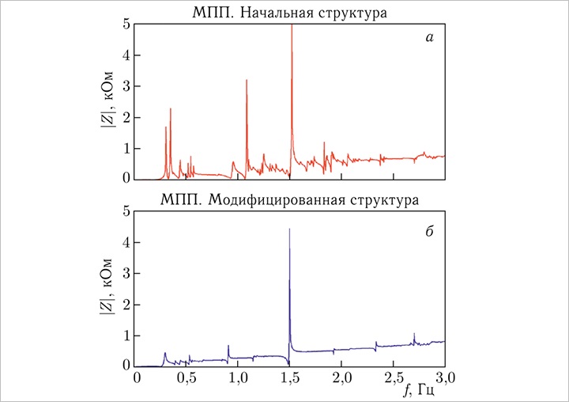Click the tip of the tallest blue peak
(x=290, y=229)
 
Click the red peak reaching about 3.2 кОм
(x=247, y=81)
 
